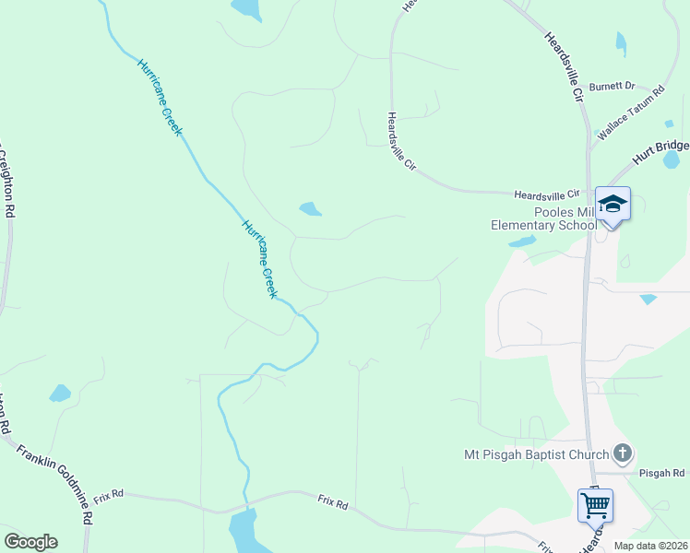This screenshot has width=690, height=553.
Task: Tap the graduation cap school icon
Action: pyautogui.click(x=613, y=204)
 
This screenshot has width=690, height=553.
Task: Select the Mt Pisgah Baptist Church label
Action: pyautogui.click(x=536, y=453)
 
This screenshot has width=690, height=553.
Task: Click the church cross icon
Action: pyautogui.click(x=623, y=453)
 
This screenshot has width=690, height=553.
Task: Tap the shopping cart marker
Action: pyautogui.click(x=595, y=505)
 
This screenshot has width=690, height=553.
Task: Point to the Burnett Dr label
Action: pyautogui.click(x=613, y=86)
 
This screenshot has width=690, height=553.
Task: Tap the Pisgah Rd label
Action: pyautogui.click(x=662, y=473)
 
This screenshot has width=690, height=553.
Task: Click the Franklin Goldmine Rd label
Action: pyautogui.click(x=55, y=484)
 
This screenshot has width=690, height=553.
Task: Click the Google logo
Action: pyautogui.click(x=30, y=542)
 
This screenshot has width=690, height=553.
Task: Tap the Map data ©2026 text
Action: pyautogui.click(x=651, y=546)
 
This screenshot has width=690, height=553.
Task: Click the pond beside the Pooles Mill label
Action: pyautogui.click(x=521, y=241)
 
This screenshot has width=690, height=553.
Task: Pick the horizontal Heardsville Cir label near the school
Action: pyautogui.click(x=546, y=194)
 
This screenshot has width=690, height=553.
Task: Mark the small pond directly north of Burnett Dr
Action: pyautogui.click(x=620, y=42)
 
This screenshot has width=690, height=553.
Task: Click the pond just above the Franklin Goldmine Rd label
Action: pyautogui.click(x=60, y=394)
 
